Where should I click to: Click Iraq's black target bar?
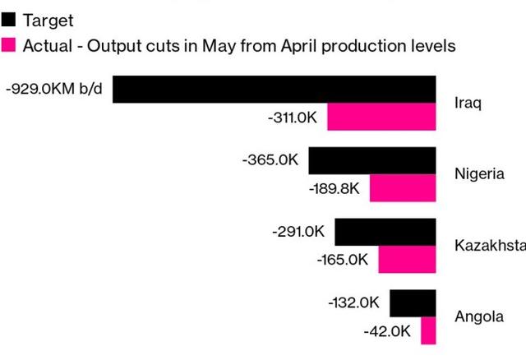pyautogui.click(x=274, y=90)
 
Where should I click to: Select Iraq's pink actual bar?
pyautogui.click(x=381, y=117)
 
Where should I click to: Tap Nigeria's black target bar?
pyautogui.click(x=371, y=160)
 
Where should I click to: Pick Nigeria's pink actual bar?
pyautogui.click(x=403, y=188)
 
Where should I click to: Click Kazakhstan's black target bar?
pyautogui.click(x=385, y=232)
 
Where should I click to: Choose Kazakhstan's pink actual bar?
pyautogui.click(x=407, y=259)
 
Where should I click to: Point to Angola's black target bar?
pyautogui.click(x=413, y=302)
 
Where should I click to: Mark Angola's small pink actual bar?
pyautogui.click(x=428, y=330)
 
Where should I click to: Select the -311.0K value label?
pyautogui.click(x=293, y=118)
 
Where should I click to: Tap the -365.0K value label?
pyautogui.click(x=270, y=159)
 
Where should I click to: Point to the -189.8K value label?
pyautogui.click(x=335, y=188)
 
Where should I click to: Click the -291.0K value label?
pyautogui.click(x=298, y=232)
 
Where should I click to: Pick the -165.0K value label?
pyautogui.click(x=343, y=260)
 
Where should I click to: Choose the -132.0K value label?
pyautogui.click(x=353, y=302)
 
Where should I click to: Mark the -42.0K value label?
pyautogui.click(x=386, y=331)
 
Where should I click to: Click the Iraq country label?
pyautogui.click(x=468, y=104)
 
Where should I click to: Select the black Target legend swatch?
pyautogui.click(x=8, y=19)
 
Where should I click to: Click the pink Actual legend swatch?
pyautogui.click(x=8, y=44)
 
